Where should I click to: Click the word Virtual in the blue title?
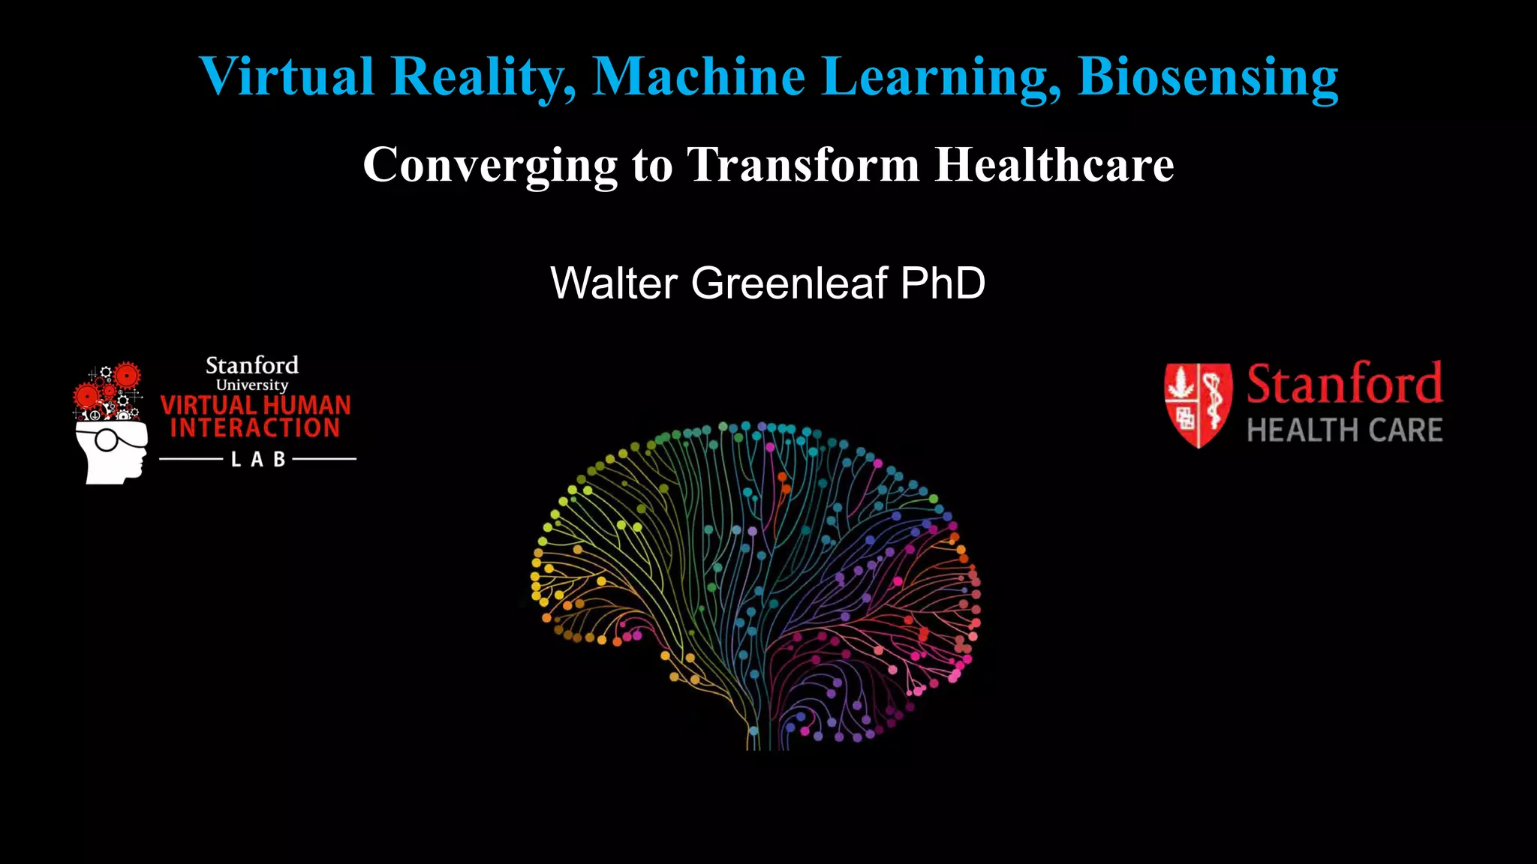(286, 76)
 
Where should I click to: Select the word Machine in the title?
(699, 76)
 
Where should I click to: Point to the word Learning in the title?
(942, 76)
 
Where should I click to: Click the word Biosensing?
(1208, 76)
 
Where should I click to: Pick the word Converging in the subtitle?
(490, 165)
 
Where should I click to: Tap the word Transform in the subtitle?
(803, 165)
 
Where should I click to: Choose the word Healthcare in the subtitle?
(1054, 165)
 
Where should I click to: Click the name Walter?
(614, 283)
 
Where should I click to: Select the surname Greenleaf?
(789, 283)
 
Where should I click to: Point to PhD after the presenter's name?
(943, 283)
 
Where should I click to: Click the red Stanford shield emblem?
(1198, 404)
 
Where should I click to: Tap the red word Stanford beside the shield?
(1344, 384)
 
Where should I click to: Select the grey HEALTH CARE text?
(1344, 430)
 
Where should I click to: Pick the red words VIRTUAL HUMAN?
(256, 406)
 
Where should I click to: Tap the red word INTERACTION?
(255, 428)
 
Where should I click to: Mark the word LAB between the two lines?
(258, 459)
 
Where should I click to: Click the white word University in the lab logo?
(252, 385)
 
